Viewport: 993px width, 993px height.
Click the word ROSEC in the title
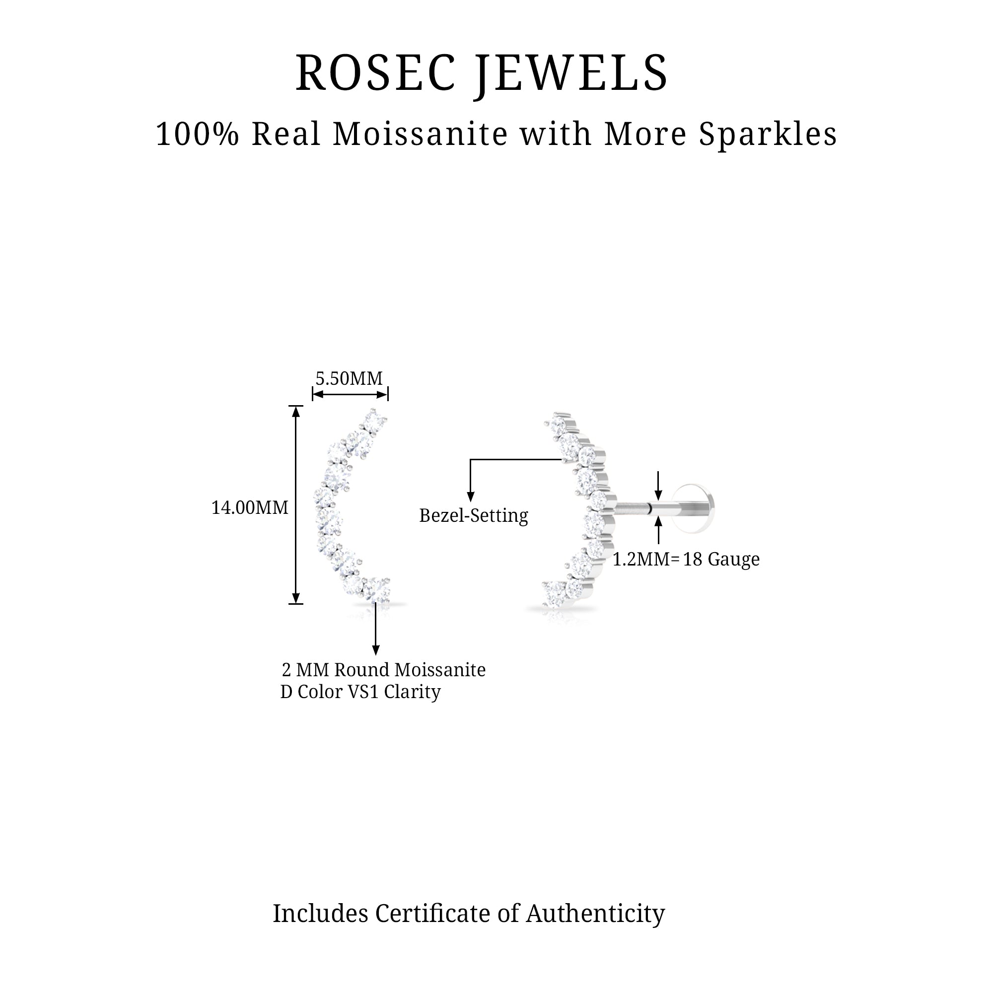(376, 73)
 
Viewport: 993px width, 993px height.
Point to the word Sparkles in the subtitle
(768, 135)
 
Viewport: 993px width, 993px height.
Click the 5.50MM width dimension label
(349, 379)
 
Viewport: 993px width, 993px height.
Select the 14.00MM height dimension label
(250, 508)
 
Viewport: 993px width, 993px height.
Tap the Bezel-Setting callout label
(473, 515)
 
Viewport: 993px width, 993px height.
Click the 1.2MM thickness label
(641, 559)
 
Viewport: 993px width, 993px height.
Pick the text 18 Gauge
(721, 559)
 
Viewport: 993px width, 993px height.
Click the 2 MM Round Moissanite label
(383, 670)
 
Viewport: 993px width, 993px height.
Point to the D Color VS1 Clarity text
(360, 692)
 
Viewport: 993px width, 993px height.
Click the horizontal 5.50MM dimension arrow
(350, 394)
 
